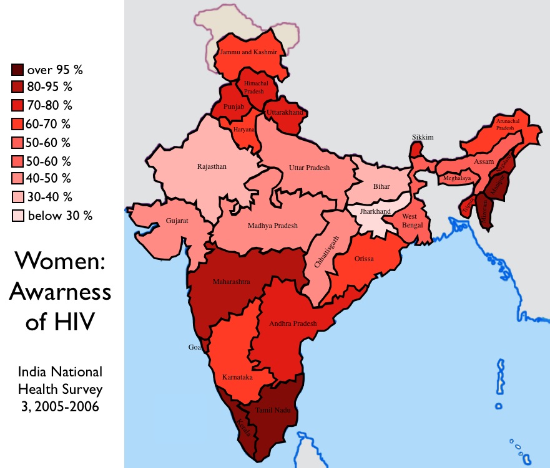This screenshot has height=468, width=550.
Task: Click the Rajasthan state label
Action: (212, 166)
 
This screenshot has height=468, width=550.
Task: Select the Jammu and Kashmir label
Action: (248, 52)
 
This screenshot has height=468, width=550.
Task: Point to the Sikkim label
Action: (422, 137)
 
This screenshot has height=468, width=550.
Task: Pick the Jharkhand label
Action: (375, 211)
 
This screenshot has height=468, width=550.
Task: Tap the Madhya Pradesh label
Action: (273, 226)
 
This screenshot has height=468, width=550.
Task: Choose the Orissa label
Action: (364, 258)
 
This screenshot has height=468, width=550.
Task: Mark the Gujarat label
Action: (177, 221)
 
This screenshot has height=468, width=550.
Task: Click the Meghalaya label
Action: (457, 178)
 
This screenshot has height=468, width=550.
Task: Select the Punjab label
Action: (233, 107)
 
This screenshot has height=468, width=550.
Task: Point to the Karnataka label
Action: (237, 378)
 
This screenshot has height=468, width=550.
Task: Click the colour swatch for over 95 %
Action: (17, 70)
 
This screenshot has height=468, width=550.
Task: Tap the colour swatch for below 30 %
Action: (17, 216)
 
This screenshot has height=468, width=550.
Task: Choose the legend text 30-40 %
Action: (49, 197)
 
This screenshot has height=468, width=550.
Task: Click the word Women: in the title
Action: (59, 260)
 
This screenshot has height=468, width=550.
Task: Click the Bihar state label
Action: (381, 186)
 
